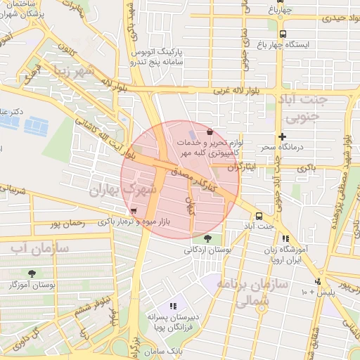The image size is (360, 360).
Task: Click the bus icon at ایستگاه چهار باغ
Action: pyautogui.click(x=283, y=33)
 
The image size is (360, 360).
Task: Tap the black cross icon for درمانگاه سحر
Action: pyautogui.click(x=283, y=136)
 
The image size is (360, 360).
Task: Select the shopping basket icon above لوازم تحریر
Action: pyautogui.click(x=210, y=131)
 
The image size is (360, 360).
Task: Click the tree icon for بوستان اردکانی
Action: pyautogui.click(x=206, y=238)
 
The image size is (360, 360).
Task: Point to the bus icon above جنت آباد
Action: pyautogui.click(x=259, y=216)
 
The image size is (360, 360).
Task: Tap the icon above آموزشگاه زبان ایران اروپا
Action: pyautogui.click(x=285, y=239)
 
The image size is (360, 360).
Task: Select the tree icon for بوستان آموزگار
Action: pyautogui.click(x=32, y=274)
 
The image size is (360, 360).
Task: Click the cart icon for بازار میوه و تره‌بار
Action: pyautogui.click(x=133, y=211)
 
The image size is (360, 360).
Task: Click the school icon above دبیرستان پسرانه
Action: pyautogui.click(x=173, y=306)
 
